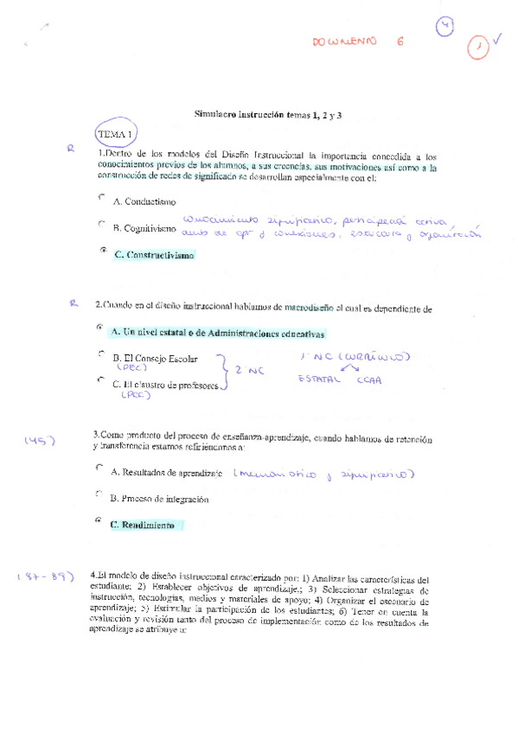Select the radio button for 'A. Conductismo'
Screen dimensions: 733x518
click(102, 198)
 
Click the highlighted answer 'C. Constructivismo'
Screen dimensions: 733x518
click(154, 255)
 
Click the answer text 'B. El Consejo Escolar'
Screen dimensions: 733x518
click(155, 358)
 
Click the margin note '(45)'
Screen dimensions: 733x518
click(40, 442)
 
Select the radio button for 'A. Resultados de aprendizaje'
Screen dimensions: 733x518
click(100, 468)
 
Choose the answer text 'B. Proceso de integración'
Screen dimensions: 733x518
click(160, 499)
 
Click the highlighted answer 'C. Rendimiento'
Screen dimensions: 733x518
click(143, 525)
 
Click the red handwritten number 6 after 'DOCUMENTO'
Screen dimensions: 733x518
click(399, 41)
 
